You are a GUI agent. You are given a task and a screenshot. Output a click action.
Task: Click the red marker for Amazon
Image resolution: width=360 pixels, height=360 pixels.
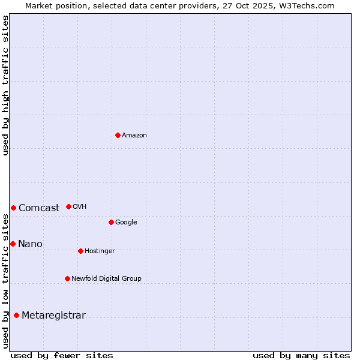coord(118,135)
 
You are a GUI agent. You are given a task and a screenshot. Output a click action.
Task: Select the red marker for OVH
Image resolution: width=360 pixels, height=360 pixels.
coord(68,206)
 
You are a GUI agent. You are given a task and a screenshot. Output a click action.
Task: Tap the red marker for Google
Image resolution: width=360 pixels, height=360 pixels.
coord(111,222)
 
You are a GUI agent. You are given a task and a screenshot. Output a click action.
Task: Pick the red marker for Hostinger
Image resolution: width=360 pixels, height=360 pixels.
coord(80,251)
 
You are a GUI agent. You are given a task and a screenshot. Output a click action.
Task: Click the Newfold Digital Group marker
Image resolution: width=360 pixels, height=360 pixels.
coord(67,278)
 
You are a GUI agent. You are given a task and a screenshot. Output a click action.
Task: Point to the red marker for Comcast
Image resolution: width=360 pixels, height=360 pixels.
coord(13,208)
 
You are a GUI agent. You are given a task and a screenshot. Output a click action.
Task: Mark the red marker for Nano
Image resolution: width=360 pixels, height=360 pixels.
coord(13,244)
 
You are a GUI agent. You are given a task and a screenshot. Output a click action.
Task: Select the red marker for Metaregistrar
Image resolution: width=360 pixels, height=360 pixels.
coord(16,315)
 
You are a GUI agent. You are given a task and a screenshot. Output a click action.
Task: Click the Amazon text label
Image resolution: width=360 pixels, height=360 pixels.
coord(134,136)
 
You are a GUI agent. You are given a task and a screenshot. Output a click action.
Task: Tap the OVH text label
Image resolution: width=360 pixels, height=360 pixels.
coord(80,207)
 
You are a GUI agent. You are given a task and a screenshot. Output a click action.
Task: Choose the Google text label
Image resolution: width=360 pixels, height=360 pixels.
coord(126,223)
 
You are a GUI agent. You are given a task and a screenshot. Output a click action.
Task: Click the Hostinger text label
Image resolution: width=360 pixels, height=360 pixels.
coord(100,251)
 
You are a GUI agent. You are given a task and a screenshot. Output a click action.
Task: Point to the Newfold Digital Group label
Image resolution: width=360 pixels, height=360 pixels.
coord(106,279)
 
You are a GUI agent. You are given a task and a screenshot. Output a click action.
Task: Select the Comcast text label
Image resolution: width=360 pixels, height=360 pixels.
coord(39,208)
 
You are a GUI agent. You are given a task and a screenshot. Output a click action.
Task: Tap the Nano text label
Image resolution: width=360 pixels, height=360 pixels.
coord(30,244)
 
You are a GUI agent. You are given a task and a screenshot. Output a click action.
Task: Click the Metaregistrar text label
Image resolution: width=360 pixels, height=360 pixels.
coord(53,316)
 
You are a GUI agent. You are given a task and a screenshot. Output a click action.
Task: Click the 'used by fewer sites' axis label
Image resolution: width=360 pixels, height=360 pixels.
coord(62,355)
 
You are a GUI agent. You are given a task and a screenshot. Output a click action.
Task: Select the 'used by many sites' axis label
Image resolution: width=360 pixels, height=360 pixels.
coord(301,355)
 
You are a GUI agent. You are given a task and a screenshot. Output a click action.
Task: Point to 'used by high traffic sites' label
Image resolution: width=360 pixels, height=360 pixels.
coord(5,85)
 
